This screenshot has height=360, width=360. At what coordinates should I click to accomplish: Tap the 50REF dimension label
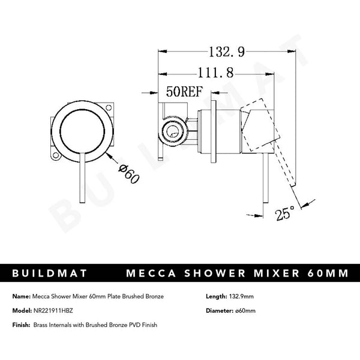pyautogui.click(x=184, y=93)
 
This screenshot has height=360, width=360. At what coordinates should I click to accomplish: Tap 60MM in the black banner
pyautogui.click(x=326, y=274)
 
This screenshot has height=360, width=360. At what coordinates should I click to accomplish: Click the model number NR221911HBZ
pyautogui.click(x=62, y=310)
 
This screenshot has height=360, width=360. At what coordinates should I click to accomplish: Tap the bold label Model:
pyautogui.click(x=22, y=310)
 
